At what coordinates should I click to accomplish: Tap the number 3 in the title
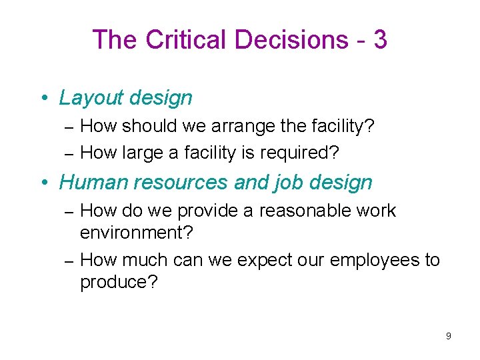coord(380,40)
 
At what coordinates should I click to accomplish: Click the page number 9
coord(449,336)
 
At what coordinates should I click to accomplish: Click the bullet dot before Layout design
coord(43,99)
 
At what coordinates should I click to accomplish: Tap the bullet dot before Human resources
coord(43,182)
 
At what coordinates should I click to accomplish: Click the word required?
coord(299,153)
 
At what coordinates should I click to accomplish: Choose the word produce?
coord(119,281)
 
